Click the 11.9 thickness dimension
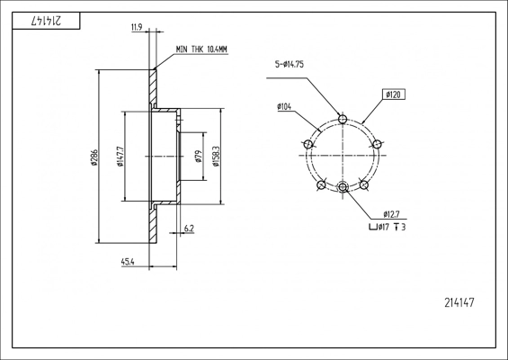[x=137, y=27]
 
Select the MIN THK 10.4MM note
[x=201, y=49]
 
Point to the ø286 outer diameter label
[x=94, y=157]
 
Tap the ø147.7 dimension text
[x=120, y=157]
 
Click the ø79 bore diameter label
[x=199, y=156]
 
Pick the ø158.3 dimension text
[x=216, y=156]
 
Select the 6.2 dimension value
[x=189, y=229]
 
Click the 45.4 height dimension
[x=128, y=262]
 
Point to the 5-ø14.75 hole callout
[x=290, y=64]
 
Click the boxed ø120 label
[x=393, y=94]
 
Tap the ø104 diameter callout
[x=284, y=106]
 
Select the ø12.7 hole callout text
[x=391, y=214]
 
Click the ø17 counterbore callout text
[x=388, y=228]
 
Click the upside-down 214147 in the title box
[x=46, y=21]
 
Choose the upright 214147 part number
[x=459, y=302]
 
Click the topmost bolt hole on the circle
[x=343, y=119]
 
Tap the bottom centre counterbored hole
[x=343, y=187]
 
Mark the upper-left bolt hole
[x=308, y=144]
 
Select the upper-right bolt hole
[x=377, y=144]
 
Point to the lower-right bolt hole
[x=364, y=185]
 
